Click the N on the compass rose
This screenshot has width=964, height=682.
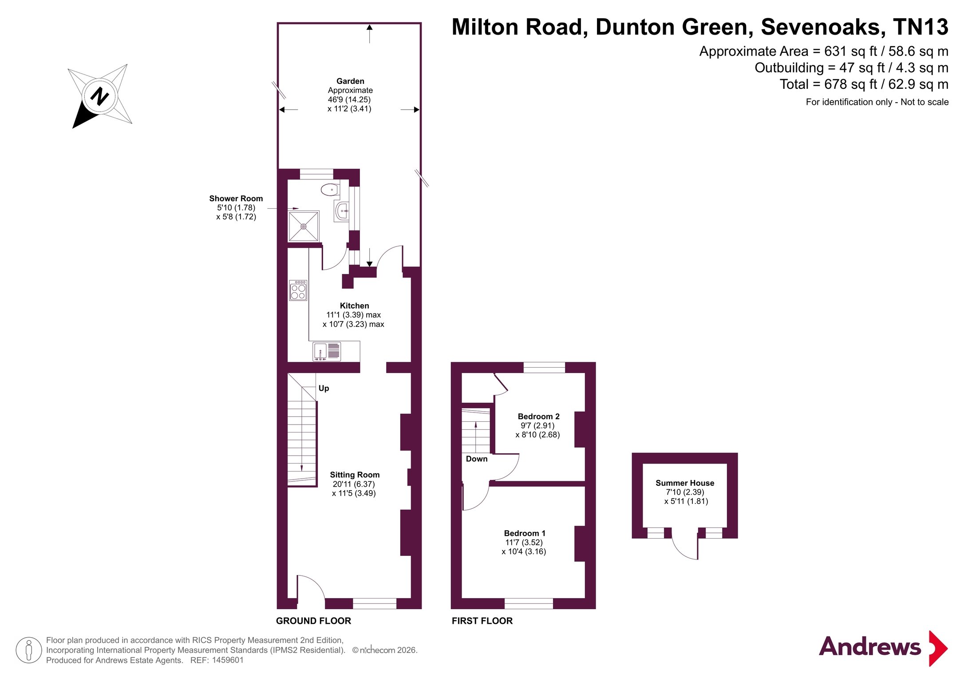click(x=100, y=96)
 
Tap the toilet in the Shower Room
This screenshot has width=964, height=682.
click(x=330, y=190)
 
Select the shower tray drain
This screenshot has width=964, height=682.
click(x=304, y=226)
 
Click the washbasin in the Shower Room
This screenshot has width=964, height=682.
click(x=342, y=211)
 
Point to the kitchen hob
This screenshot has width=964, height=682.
click(x=298, y=290)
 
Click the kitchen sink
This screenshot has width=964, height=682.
click(x=327, y=351)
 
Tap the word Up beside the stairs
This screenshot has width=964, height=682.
click(x=324, y=389)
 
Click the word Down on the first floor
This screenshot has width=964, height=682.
click(x=477, y=459)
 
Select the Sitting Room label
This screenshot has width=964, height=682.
click(x=355, y=475)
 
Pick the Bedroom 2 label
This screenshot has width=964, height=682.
click(x=538, y=416)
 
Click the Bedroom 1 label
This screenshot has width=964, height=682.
click(x=525, y=533)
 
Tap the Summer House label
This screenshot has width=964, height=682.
click(x=685, y=483)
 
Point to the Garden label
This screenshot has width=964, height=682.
click(x=350, y=81)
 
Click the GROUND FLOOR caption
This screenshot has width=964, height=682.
click(x=313, y=621)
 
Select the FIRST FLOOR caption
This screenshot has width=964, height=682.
click(x=482, y=621)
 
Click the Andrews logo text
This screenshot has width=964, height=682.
click(x=870, y=647)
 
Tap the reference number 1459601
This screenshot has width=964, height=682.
click(x=228, y=660)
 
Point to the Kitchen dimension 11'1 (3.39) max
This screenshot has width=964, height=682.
click(x=354, y=315)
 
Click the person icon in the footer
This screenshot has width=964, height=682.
click(x=29, y=650)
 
